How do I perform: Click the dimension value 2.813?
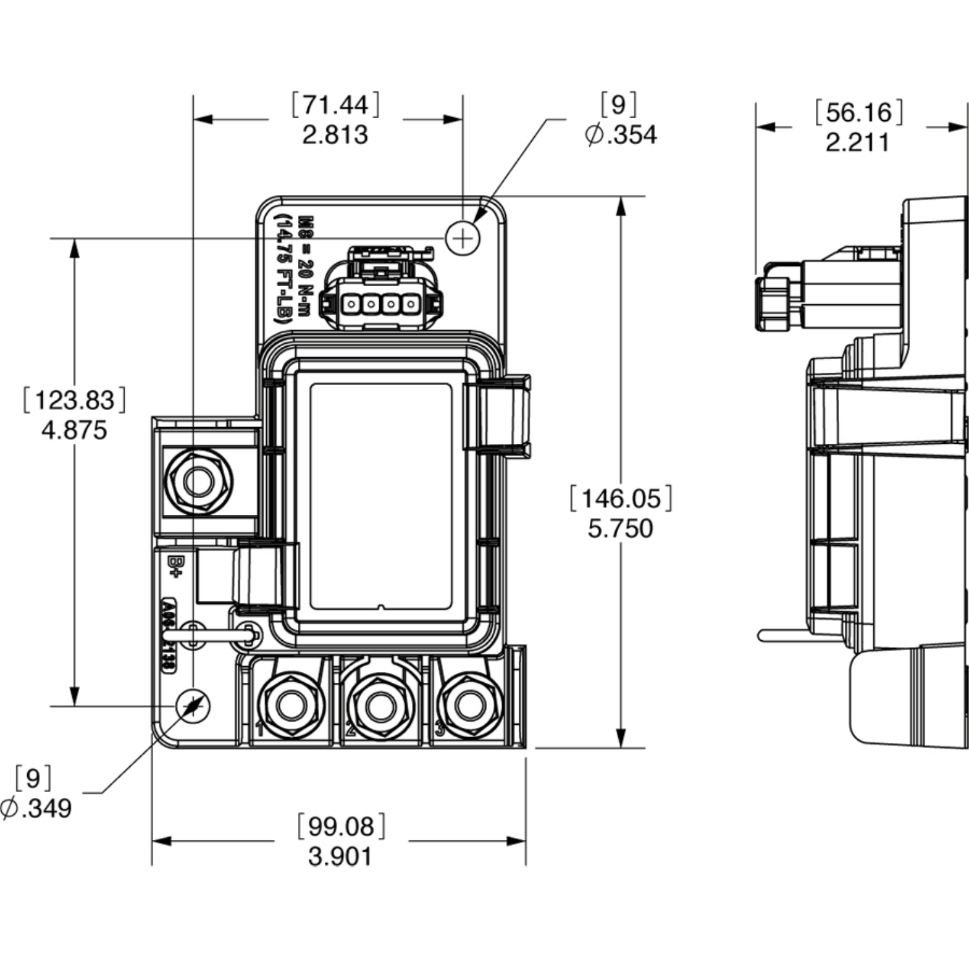point(335,135)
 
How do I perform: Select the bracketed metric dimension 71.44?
point(335,105)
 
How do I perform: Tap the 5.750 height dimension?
point(620,528)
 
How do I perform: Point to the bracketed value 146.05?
point(621,498)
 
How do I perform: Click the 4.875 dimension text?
point(74,430)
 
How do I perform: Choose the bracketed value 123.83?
point(74,400)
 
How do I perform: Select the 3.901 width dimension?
point(340,857)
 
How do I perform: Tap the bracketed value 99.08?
point(340,826)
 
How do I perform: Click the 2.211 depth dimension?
point(857,143)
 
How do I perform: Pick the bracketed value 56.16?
point(858,112)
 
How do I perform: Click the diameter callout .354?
point(621,134)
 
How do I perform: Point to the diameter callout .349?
point(37,807)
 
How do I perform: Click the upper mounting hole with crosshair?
point(463,238)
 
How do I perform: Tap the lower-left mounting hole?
point(193,706)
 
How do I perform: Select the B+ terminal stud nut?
point(199,481)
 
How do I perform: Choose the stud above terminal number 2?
point(380,705)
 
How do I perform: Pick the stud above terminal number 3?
point(470,705)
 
